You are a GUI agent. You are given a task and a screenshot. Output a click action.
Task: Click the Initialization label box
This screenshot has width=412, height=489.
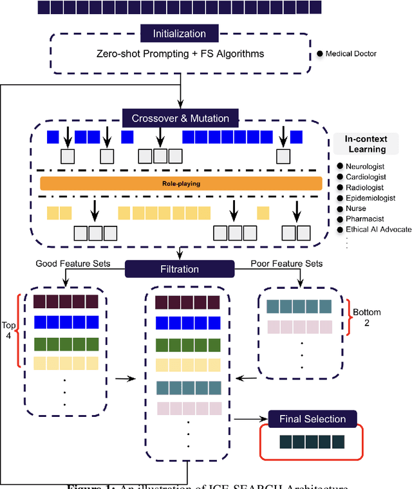click(180, 33)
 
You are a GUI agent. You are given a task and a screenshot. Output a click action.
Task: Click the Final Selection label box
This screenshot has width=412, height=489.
click(312, 419)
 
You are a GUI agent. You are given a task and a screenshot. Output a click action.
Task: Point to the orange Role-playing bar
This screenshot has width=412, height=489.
click(181, 183)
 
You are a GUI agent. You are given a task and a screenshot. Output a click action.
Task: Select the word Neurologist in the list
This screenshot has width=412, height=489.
click(365, 166)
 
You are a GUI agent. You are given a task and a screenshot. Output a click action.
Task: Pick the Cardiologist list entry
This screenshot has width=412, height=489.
click(366, 176)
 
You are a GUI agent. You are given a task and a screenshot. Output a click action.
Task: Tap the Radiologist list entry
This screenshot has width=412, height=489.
click(364, 187)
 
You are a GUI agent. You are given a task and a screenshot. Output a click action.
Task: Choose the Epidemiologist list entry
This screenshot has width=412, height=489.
click(370, 198)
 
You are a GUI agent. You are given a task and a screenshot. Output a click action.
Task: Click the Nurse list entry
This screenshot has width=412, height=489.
click(355, 208)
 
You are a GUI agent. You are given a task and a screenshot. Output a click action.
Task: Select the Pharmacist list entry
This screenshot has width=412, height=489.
click(364, 219)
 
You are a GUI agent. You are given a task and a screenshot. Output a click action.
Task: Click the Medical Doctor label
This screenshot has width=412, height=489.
click(351, 53)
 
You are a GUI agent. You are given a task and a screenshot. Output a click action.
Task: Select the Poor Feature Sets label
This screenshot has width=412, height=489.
click(286, 264)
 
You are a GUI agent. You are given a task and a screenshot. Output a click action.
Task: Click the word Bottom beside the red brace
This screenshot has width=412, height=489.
click(366, 312)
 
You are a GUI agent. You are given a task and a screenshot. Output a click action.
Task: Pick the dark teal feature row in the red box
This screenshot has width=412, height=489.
click(312, 442)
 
